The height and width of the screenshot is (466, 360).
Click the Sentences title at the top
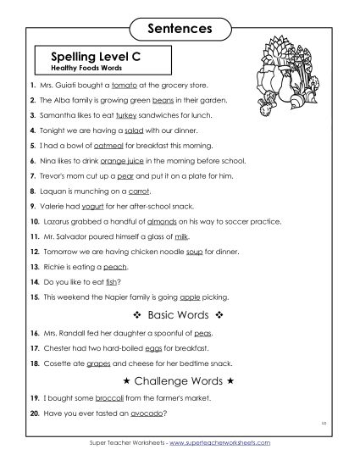coord(180,28)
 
